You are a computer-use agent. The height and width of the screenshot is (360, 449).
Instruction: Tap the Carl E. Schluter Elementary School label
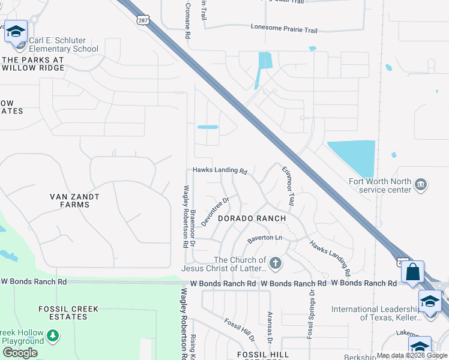point(64,44)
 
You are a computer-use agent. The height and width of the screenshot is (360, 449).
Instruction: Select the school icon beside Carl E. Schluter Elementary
point(16,31)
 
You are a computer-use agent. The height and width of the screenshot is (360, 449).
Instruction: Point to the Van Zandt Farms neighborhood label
point(75,200)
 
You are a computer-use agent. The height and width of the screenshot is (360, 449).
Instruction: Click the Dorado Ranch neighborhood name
point(252,218)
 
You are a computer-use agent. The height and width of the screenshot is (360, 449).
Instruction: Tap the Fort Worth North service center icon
point(420,184)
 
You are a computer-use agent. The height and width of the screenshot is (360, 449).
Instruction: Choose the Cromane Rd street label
point(187,20)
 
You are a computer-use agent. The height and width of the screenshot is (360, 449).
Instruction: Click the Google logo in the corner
point(20,352)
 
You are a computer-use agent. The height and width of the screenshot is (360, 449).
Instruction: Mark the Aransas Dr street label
point(270,327)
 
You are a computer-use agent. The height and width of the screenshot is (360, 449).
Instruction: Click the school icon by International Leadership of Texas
point(430,301)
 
